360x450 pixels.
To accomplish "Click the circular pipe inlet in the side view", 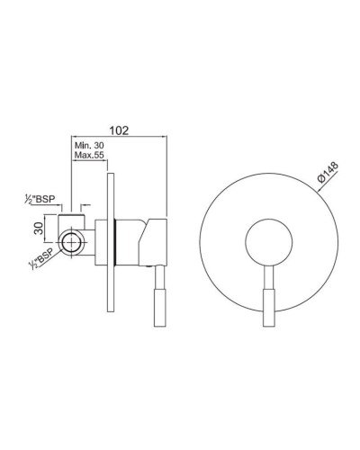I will coord(71,243).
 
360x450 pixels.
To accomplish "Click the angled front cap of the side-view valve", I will coord(157,238).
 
